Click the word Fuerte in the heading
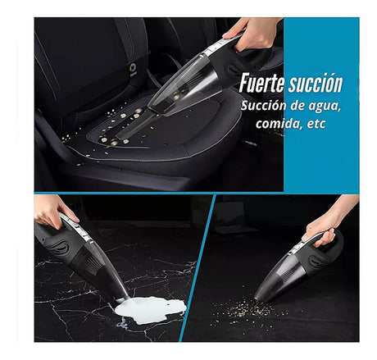tap(261, 83)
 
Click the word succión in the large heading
tap(316, 83)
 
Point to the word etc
tap(316, 124)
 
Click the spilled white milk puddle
tap(151, 310)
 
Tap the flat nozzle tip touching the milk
tap(123, 298)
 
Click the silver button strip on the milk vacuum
tap(76, 227)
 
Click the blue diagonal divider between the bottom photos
tap(198, 268)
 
